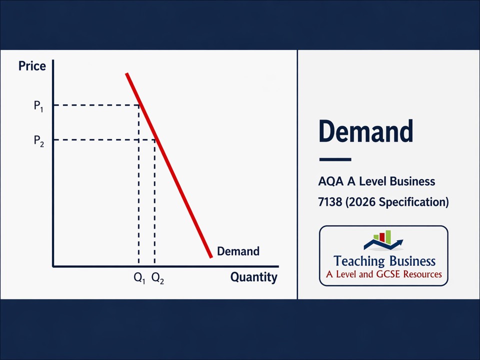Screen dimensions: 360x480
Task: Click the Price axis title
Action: tap(32, 66)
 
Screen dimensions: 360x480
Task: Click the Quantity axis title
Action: tap(253, 277)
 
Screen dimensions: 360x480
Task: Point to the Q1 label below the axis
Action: tap(139, 278)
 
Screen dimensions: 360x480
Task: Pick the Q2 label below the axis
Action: tap(157, 278)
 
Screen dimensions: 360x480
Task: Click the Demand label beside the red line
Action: tap(238, 251)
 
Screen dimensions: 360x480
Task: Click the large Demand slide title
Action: tap(365, 131)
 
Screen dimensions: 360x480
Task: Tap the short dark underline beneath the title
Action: tap(335, 160)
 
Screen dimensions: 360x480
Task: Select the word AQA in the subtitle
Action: tap(329, 181)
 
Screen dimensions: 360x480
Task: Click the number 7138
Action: tap(330, 202)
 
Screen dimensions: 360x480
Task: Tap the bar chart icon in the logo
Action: tap(382, 237)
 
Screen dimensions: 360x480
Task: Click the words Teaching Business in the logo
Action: tap(384, 261)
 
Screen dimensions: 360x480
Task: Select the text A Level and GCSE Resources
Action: tap(384, 274)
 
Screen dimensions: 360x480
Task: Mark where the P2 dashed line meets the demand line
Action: tap(155, 139)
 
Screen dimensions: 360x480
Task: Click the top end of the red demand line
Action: tap(127, 74)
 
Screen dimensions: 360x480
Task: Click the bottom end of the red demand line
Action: tap(210, 256)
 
